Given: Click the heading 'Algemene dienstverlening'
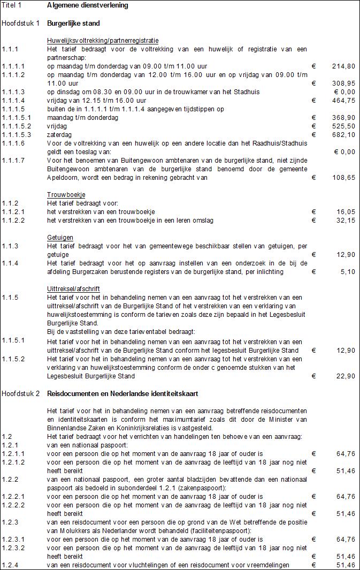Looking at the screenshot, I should tap(87, 5).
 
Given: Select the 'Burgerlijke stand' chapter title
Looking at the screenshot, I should tap(73, 24).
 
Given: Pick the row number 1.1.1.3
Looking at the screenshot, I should tap(13, 92).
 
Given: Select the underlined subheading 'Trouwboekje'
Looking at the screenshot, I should tap(66, 195).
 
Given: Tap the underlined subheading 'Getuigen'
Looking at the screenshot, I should tap(60, 238).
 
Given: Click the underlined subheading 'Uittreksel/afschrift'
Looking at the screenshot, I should tap(74, 289).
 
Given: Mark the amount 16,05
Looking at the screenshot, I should tap(346, 212).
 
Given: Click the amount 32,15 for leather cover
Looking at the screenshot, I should tap(346, 221).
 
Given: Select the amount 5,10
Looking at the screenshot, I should tap(348, 272).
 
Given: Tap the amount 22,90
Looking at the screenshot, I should tap(346, 376).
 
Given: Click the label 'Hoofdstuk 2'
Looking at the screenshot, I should tap(21, 394).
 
